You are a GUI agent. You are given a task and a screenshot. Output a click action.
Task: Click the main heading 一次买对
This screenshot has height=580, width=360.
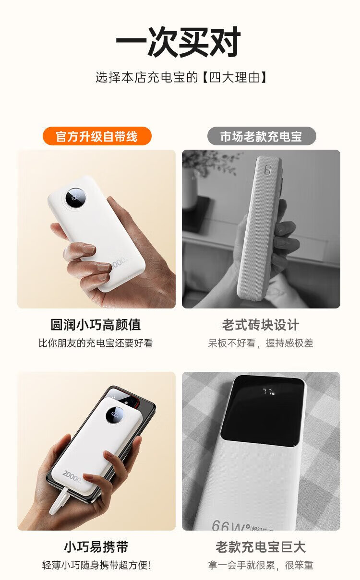179,41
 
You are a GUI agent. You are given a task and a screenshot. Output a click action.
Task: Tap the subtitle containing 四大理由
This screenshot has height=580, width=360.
181,77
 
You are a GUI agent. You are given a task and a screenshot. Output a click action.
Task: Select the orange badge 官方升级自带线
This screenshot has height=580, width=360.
97,136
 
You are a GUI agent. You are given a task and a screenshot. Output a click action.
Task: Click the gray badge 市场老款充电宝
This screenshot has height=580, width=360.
262,136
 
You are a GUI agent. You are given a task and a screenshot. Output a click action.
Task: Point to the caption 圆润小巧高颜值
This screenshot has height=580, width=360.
96,325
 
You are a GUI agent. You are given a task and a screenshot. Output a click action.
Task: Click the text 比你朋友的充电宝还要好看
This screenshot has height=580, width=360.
96,343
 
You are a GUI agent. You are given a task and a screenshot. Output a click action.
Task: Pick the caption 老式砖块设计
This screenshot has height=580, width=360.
261,325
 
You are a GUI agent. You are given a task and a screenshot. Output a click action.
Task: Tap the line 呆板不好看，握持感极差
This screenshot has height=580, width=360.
261,343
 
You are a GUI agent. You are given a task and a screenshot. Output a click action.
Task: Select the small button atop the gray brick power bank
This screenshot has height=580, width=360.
267,170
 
